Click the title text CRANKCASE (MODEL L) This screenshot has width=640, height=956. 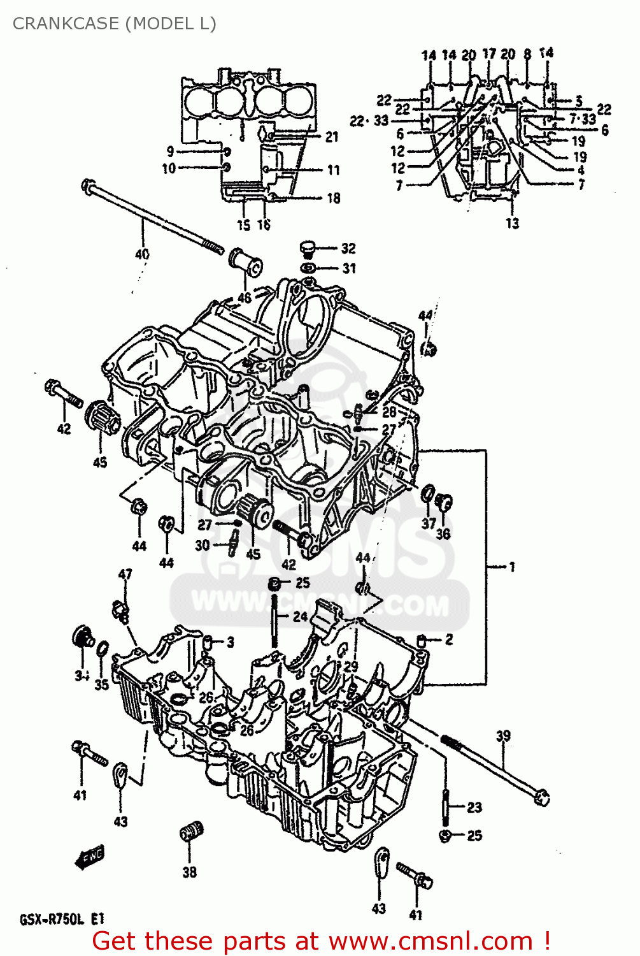(115, 24)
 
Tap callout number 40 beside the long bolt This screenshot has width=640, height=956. (142, 254)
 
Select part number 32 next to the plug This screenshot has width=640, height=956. (348, 248)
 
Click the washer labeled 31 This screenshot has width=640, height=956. (308, 268)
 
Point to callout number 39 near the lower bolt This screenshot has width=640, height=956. (503, 735)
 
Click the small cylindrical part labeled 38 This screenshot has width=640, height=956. (190, 832)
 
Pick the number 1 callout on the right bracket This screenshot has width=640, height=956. (511, 566)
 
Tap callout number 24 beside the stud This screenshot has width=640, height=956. (300, 616)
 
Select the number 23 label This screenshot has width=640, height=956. (474, 808)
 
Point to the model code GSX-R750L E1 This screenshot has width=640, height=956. (62, 919)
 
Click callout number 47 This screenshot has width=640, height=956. (125, 574)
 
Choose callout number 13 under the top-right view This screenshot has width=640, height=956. (512, 223)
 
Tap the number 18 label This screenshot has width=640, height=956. (333, 198)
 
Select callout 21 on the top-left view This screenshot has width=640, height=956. (332, 136)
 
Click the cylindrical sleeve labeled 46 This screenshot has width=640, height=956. (246, 263)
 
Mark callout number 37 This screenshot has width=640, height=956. (429, 523)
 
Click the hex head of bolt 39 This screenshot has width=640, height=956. (542, 797)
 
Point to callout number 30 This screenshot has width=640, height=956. (202, 545)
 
